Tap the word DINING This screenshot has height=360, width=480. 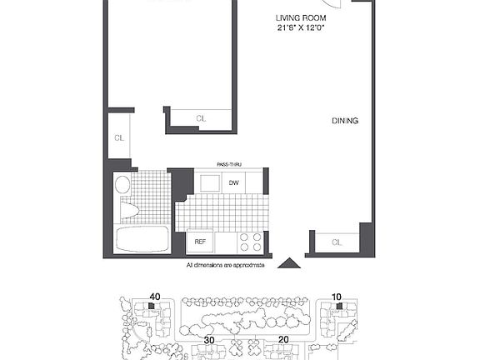click(x=345, y=121)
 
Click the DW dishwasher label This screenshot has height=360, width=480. click(x=234, y=182)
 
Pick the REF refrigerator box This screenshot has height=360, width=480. click(x=200, y=242)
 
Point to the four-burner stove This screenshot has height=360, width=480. click(x=251, y=242)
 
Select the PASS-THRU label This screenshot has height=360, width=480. click(x=229, y=165)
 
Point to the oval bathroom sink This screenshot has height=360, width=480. click(x=122, y=184)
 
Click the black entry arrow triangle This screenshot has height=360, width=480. click(x=287, y=263)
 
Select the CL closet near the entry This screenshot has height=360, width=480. click(x=337, y=242)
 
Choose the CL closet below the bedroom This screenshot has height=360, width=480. click(x=201, y=119)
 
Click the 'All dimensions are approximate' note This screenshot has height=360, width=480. click(x=225, y=265)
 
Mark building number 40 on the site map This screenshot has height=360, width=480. click(x=154, y=296)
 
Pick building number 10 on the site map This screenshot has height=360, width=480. click(x=337, y=296)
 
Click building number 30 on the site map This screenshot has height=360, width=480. click(x=208, y=340)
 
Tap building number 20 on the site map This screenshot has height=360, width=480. click(x=283, y=340)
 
